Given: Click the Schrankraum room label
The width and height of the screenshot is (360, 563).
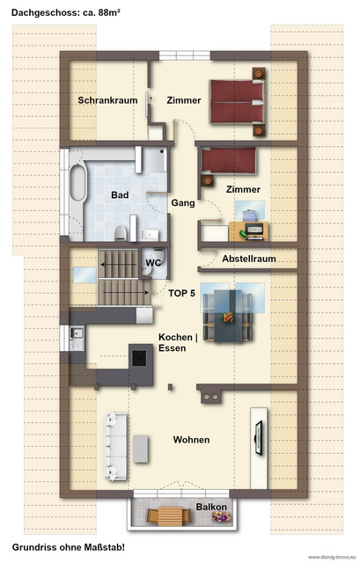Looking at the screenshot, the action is (x=107, y=100).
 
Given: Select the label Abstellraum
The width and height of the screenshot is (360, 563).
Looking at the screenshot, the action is (x=248, y=259).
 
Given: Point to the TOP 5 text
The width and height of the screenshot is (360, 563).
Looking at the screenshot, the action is (x=181, y=293).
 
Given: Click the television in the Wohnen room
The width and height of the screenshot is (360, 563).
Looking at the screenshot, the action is (x=258, y=437).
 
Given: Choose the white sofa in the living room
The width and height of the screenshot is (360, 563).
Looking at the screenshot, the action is (x=115, y=447).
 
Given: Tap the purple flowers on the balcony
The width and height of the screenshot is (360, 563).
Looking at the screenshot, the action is (x=221, y=516).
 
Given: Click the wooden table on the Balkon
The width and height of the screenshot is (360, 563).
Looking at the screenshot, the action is (x=168, y=516).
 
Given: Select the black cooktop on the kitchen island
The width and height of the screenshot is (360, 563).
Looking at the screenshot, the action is (x=139, y=358).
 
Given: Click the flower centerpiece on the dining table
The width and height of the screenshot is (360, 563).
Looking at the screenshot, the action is (x=227, y=317).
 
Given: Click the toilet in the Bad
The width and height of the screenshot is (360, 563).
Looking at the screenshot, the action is (x=121, y=233).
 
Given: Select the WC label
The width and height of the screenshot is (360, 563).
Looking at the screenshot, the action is (x=153, y=262).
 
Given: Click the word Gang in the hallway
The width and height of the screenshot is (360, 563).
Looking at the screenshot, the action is (x=183, y=203).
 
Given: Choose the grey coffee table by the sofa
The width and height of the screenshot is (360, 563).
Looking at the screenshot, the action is (x=141, y=449).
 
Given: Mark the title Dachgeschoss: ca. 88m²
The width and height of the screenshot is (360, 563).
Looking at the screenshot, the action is (x=66, y=12).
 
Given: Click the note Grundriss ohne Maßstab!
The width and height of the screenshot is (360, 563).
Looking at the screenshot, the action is (x=69, y=547).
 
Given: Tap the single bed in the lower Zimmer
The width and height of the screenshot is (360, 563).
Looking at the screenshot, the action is (x=229, y=160).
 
